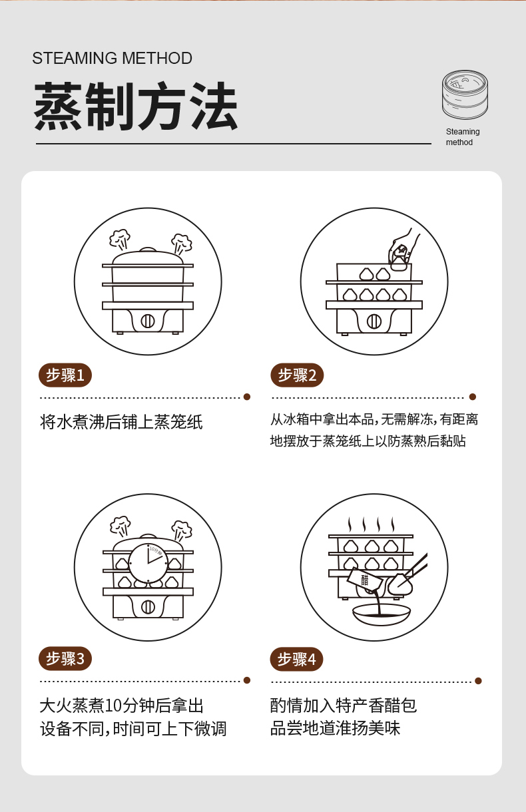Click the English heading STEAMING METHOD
(112, 59)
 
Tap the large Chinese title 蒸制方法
(136, 106)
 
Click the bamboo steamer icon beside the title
(465, 95)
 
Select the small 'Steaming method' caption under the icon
(463, 136)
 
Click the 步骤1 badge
(65, 375)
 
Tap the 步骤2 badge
(297, 375)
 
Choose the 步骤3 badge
(65, 658)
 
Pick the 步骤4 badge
(297, 659)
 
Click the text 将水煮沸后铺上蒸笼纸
(121, 421)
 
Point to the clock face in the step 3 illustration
(148, 562)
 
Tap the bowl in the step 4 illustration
(382, 614)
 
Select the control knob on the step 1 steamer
(148, 321)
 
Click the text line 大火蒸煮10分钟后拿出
(122, 706)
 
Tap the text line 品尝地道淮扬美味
(335, 728)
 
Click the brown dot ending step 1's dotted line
(247, 397)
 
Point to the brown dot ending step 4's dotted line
(478, 681)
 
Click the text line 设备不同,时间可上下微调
(133, 729)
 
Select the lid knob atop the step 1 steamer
(148, 250)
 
